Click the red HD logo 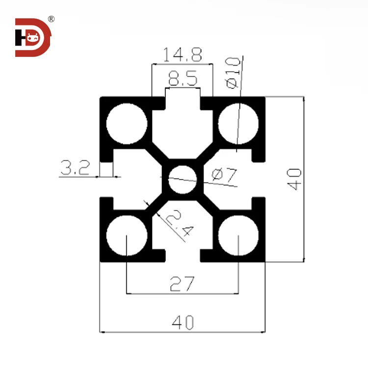32,37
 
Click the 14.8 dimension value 182,55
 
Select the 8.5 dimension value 183,78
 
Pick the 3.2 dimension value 75,168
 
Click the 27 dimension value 182,283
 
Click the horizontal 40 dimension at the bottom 183,322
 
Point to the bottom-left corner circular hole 127,235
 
